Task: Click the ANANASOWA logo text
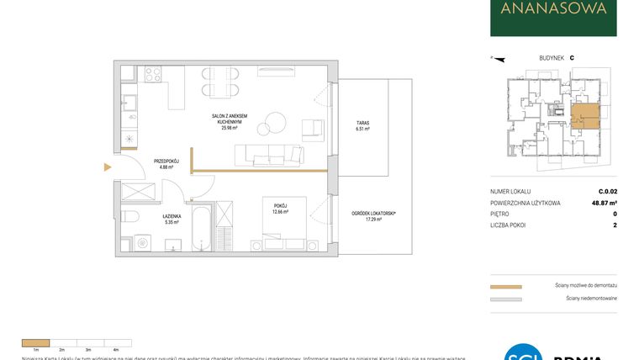[x=552, y=10]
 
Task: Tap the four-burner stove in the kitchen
[x=153, y=74]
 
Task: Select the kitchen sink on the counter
[x=131, y=104]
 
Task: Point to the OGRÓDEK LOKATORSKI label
[x=374, y=214]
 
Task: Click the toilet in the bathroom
[x=130, y=216]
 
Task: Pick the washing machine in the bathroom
[x=142, y=244]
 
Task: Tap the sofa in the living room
[x=269, y=153]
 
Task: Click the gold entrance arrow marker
[x=107, y=167]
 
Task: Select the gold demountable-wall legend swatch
[x=506, y=287]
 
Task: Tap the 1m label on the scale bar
[x=36, y=349]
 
